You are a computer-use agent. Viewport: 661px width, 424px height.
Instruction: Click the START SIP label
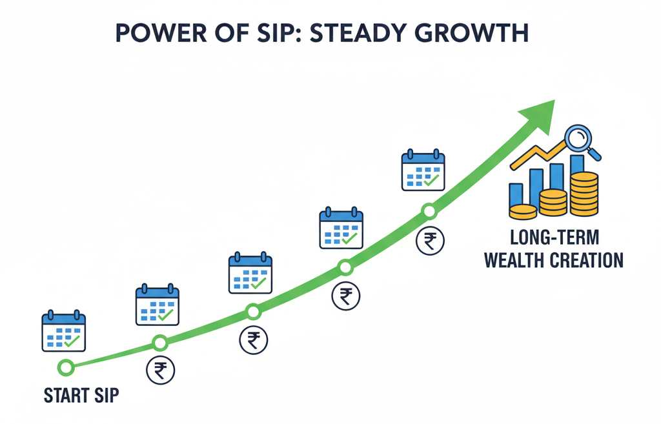tap(81, 395)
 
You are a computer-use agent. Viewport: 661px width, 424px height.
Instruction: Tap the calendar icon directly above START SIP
tap(64, 331)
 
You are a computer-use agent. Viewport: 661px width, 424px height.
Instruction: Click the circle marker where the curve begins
tap(65, 367)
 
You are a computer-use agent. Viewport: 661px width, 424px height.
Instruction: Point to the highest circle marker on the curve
tap(429, 210)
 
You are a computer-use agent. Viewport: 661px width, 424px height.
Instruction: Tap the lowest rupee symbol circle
tap(159, 370)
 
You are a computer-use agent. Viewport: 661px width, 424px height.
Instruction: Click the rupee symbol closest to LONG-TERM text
tap(429, 241)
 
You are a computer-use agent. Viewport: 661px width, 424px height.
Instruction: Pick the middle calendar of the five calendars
tap(250, 274)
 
